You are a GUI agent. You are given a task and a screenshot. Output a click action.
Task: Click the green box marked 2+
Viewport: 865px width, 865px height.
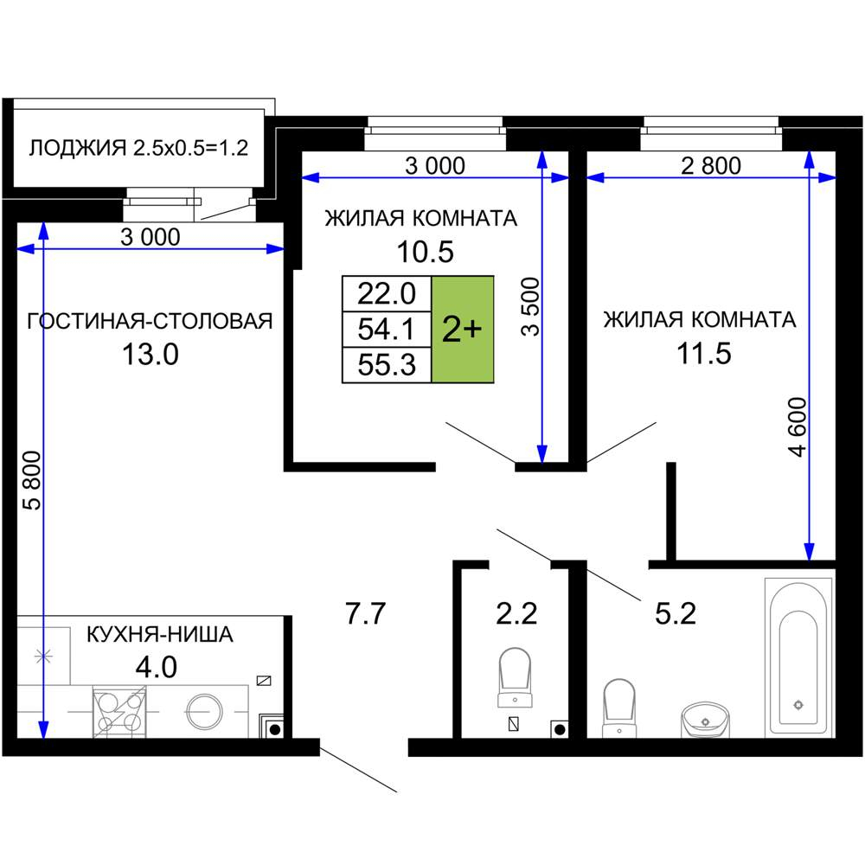pos(463,329)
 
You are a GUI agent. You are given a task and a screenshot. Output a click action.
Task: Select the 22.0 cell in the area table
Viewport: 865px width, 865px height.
pos(387,294)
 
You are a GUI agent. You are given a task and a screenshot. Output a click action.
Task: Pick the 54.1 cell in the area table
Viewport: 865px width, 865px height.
pos(387,330)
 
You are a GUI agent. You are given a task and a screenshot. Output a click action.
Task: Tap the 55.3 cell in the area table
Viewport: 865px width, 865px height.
pos(387,365)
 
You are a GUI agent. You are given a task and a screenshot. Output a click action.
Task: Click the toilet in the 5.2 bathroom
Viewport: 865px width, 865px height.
pos(619,705)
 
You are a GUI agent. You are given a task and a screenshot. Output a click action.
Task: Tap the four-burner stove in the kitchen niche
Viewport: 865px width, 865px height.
pos(119,711)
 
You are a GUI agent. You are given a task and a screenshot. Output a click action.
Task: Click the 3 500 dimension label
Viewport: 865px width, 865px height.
pos(530,306)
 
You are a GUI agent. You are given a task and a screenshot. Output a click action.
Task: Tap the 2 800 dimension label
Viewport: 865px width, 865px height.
pos(711,166)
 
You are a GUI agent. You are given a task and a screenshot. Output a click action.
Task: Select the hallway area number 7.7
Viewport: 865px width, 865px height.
pos(364,616)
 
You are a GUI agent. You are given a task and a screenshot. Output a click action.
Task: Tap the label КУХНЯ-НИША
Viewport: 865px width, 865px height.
pos(159,635)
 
